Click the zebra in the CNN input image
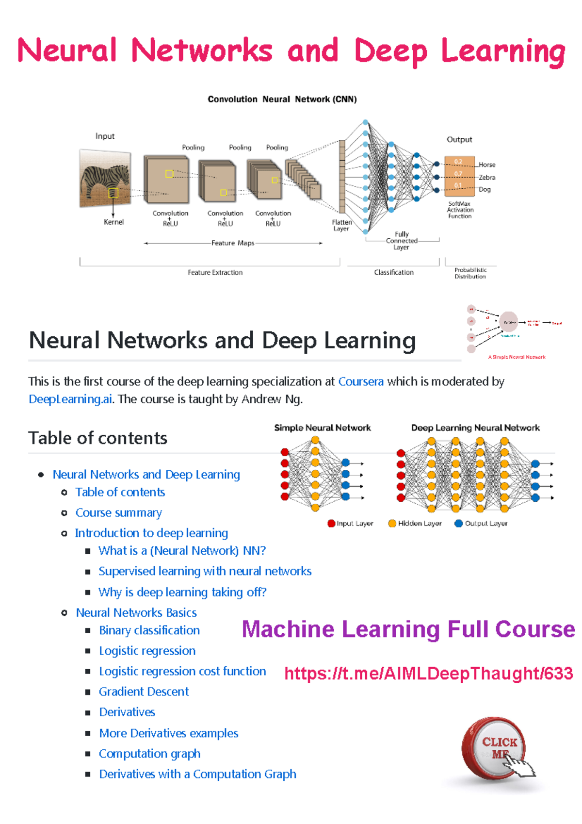106,178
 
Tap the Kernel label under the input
113,222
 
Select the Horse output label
487,165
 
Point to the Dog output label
485,190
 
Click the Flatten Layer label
341,225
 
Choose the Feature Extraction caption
215,273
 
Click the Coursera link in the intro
361,381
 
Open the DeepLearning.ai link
70,399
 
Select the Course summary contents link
118,513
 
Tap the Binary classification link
149,630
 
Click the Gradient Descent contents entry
144,692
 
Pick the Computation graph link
149,754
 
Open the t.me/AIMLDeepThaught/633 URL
428,674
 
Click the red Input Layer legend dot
331,524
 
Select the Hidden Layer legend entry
415,524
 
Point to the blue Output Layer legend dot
458,524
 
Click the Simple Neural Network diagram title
323,428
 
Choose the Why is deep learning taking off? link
182,592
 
